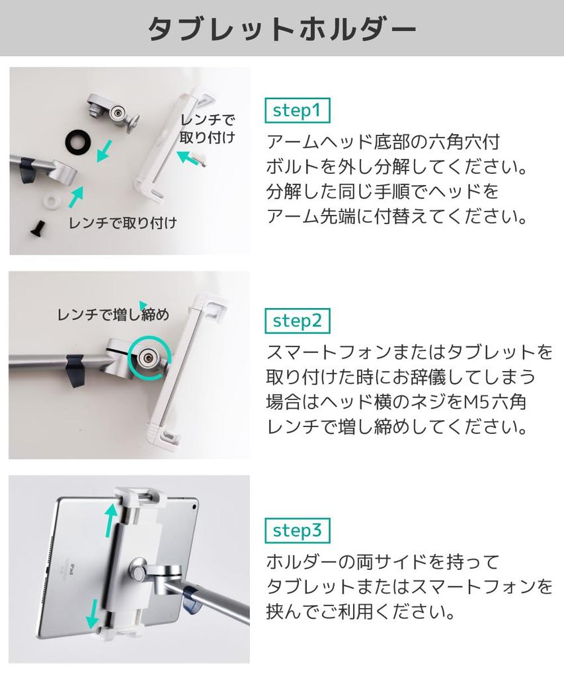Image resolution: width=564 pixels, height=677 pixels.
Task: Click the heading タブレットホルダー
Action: pos(282,28)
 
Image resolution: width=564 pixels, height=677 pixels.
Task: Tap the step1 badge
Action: pos(297,110)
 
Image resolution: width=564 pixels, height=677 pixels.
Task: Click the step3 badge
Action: pos(297,530)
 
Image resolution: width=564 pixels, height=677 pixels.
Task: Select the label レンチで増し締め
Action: pos(113,315)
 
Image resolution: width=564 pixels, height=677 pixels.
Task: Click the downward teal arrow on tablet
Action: pos(93,614)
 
